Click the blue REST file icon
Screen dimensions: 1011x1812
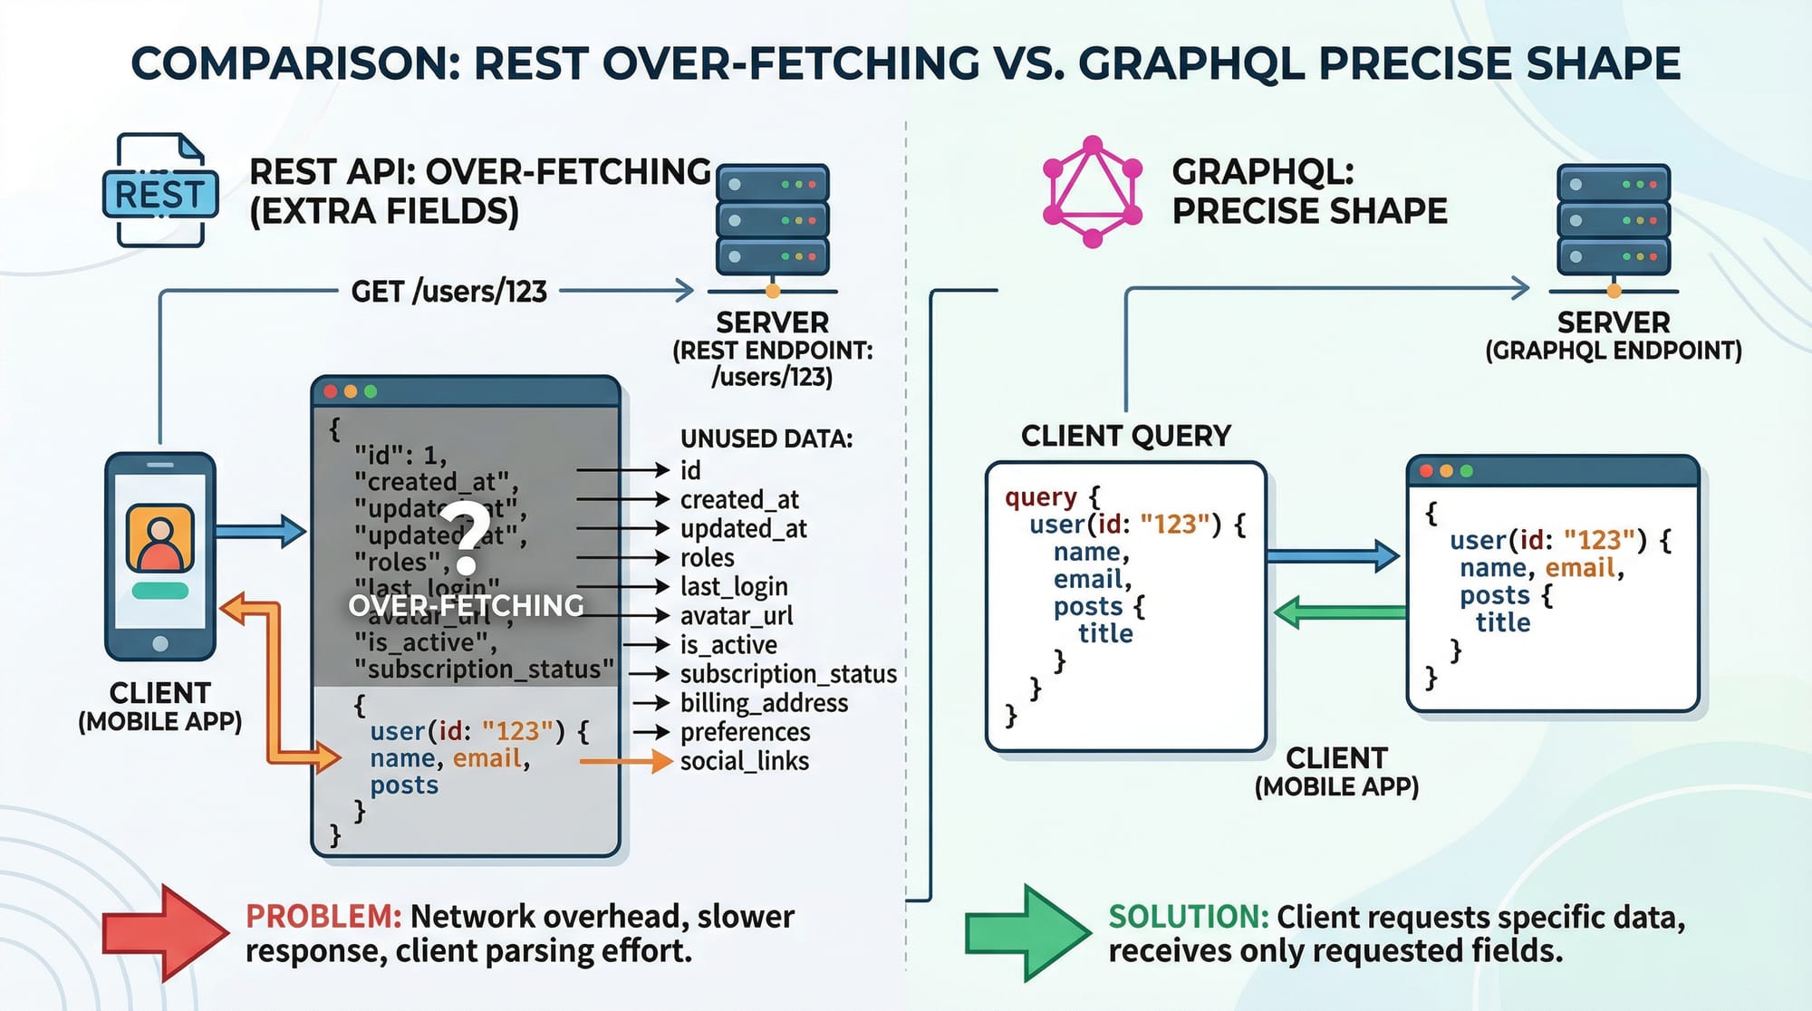tap(160, 191)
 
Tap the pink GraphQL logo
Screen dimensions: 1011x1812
tap(1092, 191)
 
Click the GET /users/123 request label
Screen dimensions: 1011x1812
tap(449, 292)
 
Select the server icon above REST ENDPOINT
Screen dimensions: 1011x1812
tap(772, 221)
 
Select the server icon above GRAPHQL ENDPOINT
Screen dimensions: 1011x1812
tap(1613, 221)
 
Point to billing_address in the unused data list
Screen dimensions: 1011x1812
tap(764, 703)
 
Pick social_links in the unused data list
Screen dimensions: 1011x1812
tap(744, 761)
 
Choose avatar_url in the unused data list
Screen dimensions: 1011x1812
tap(736, 616)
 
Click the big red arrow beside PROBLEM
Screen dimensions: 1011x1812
tap(164, 932)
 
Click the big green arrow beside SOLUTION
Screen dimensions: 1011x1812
tap(1027, 932)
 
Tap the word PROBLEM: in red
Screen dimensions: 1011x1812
tap(323, 917)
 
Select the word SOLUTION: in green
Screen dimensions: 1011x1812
tap(1189, 917)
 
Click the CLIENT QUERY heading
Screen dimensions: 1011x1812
tap(1125, 436)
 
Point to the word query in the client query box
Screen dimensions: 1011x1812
tap(1041, 497)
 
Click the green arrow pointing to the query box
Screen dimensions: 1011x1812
tap(1339, 612)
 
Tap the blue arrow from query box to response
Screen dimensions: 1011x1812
tap(1333, 555)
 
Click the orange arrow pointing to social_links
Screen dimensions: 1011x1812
tap(625, 761)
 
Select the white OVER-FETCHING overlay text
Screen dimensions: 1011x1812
tap(466, 605)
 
